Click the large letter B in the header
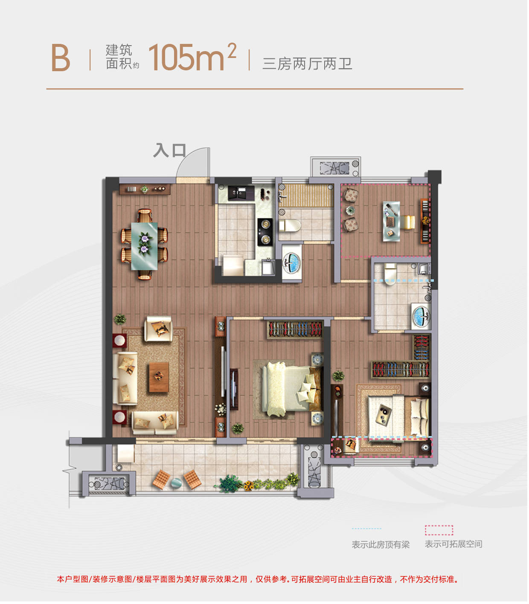(x=61, y=58)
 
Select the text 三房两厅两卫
(x=307, y=64)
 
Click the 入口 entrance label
(x=169, y=150)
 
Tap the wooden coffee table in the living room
(x=159, y=377)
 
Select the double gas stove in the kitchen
(x=265, y=232)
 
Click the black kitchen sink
(x=241, y=193)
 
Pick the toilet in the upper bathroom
(x=290, y=226)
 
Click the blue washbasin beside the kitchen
(x=291, y=262)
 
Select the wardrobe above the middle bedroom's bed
(x=295, y=329)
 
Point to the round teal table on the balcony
(x=176, y=483)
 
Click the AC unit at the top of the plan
(x=335, y=168)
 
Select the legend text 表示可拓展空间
(x=453, y=544)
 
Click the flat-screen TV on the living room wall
(x=234, y=389)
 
